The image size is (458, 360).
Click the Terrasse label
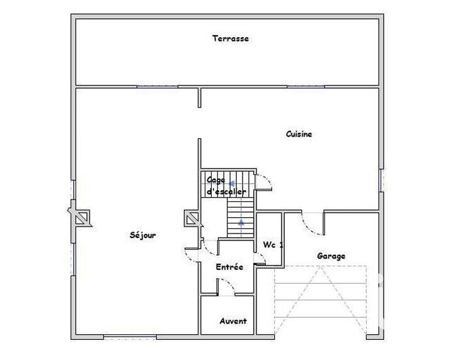(x=231, y=38)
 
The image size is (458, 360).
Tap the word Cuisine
(x=299, y=134)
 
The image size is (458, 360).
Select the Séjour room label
(x=142, y=235)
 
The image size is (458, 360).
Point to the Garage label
(x=331, y=256)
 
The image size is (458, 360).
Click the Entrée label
(x=229, y=267)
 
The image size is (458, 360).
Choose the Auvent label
(x=232, y=321)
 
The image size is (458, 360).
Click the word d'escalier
(x=227, y=191)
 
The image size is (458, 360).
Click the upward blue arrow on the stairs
(x=241, y=222)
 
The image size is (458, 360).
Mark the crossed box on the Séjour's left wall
(x=82, y=217)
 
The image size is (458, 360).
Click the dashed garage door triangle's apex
(x=321, y=267)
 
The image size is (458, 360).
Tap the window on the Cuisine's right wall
(x=381, y=180)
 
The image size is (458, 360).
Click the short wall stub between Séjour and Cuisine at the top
(x=200, y=98)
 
